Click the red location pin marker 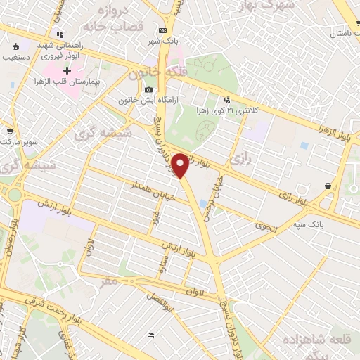[181, 165]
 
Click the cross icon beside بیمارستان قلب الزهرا [67, 70]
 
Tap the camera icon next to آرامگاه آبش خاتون [148, 90]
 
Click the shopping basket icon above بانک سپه [328, 186]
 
